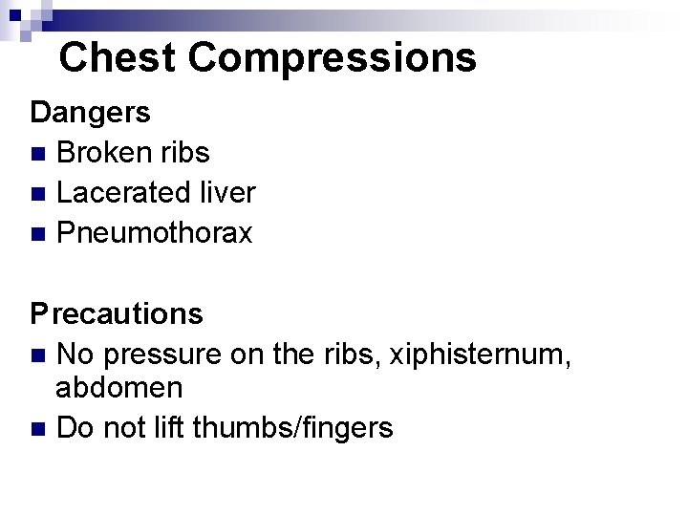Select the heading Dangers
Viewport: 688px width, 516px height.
click(91, 112)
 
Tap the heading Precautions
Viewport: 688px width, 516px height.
click(117, 312)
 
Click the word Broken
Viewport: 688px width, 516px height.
click(106, 152)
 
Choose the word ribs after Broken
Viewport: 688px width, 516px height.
click(186, 152)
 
